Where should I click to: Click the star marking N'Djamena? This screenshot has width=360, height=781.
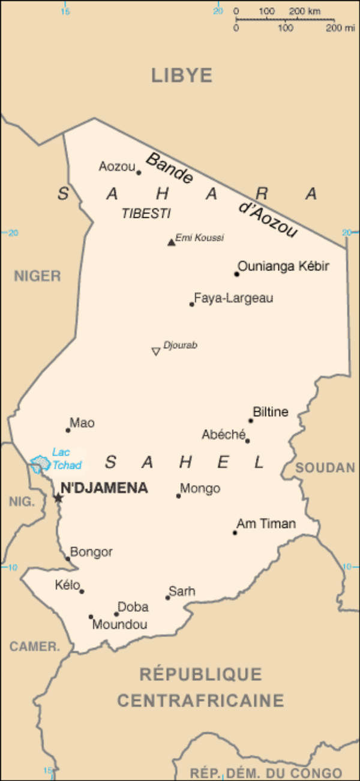tap(58, 498)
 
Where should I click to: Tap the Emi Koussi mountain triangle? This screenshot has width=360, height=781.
tap(171, 242)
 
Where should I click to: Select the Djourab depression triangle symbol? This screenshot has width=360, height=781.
tap(156, 351)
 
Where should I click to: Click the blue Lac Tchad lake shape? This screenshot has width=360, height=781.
tap(40, 463)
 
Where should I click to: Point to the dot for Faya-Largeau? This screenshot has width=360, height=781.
tap(192, 304)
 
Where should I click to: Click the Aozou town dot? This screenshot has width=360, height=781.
tap(139, 172)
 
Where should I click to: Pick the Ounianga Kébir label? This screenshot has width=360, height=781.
tap(283, 266)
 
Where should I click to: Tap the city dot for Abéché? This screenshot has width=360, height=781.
tap(247, 441)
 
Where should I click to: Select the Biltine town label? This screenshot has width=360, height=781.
tap(271, 412)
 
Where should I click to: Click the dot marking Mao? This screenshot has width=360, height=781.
tap(68, 430)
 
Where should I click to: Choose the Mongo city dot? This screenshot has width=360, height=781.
tap(178, 496)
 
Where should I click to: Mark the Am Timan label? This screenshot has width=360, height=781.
tap(266, 523)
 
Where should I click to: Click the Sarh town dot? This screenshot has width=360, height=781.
tap(168, 597)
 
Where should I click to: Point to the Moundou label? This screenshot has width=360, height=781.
tap(120, 625)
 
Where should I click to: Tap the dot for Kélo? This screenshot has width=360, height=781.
tap(82, 591)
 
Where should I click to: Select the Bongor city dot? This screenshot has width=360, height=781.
tap(68, 558)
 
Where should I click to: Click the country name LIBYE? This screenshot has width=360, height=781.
tap(182, 75)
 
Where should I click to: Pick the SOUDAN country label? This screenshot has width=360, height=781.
tap(325, 468)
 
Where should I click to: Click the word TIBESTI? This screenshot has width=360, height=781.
tap(146, 213)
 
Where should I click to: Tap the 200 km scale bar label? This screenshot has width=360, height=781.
tap(304, 11)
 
